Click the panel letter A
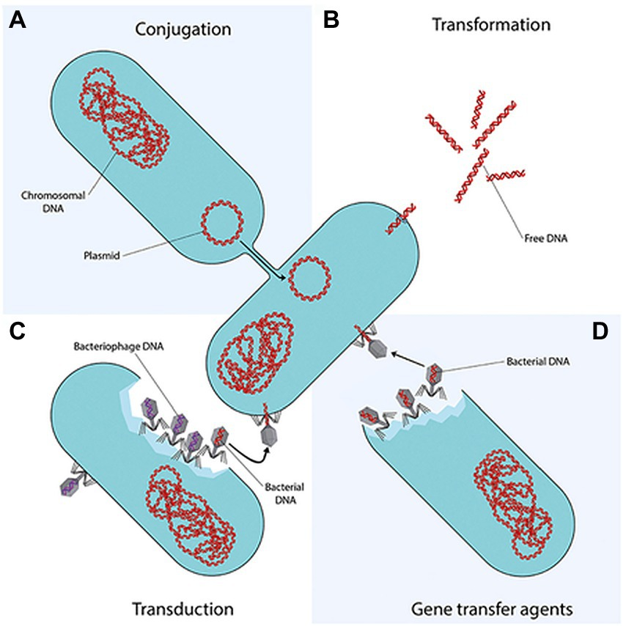(x=18, y=20)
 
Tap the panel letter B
(x=331, y=20)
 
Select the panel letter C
(x=17, y=331)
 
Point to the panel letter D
(x=600, y=331)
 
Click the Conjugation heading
(x=183, y=29)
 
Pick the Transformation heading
(x=491, y=25)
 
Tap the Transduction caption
(x=183, y=609)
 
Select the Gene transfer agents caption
(x=492, y=610)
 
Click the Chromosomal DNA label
(x=53, y=202)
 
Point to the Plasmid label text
(x=102, y=255)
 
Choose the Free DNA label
(x=546, y=238)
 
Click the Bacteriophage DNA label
(x=119, y=346)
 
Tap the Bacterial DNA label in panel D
(x=538, y=361)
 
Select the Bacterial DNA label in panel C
(x=284, y=493)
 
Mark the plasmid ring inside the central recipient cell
(x=309, y=279)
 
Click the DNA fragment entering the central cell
(x=401, y=219)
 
